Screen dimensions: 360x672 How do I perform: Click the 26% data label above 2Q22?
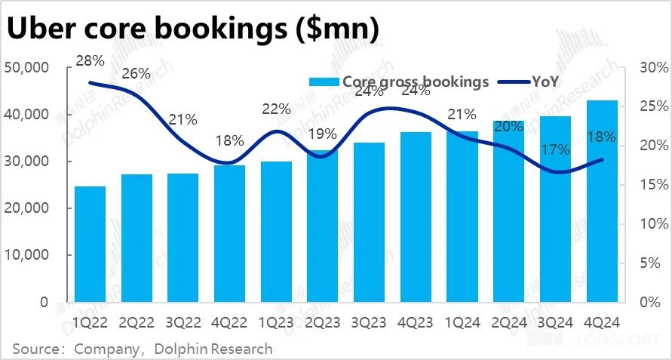(137, 74)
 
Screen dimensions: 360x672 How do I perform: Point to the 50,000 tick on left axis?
(26, 68)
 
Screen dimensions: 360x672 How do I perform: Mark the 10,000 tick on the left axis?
(26, 255)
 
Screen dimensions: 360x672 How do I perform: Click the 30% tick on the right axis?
(652, 68)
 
